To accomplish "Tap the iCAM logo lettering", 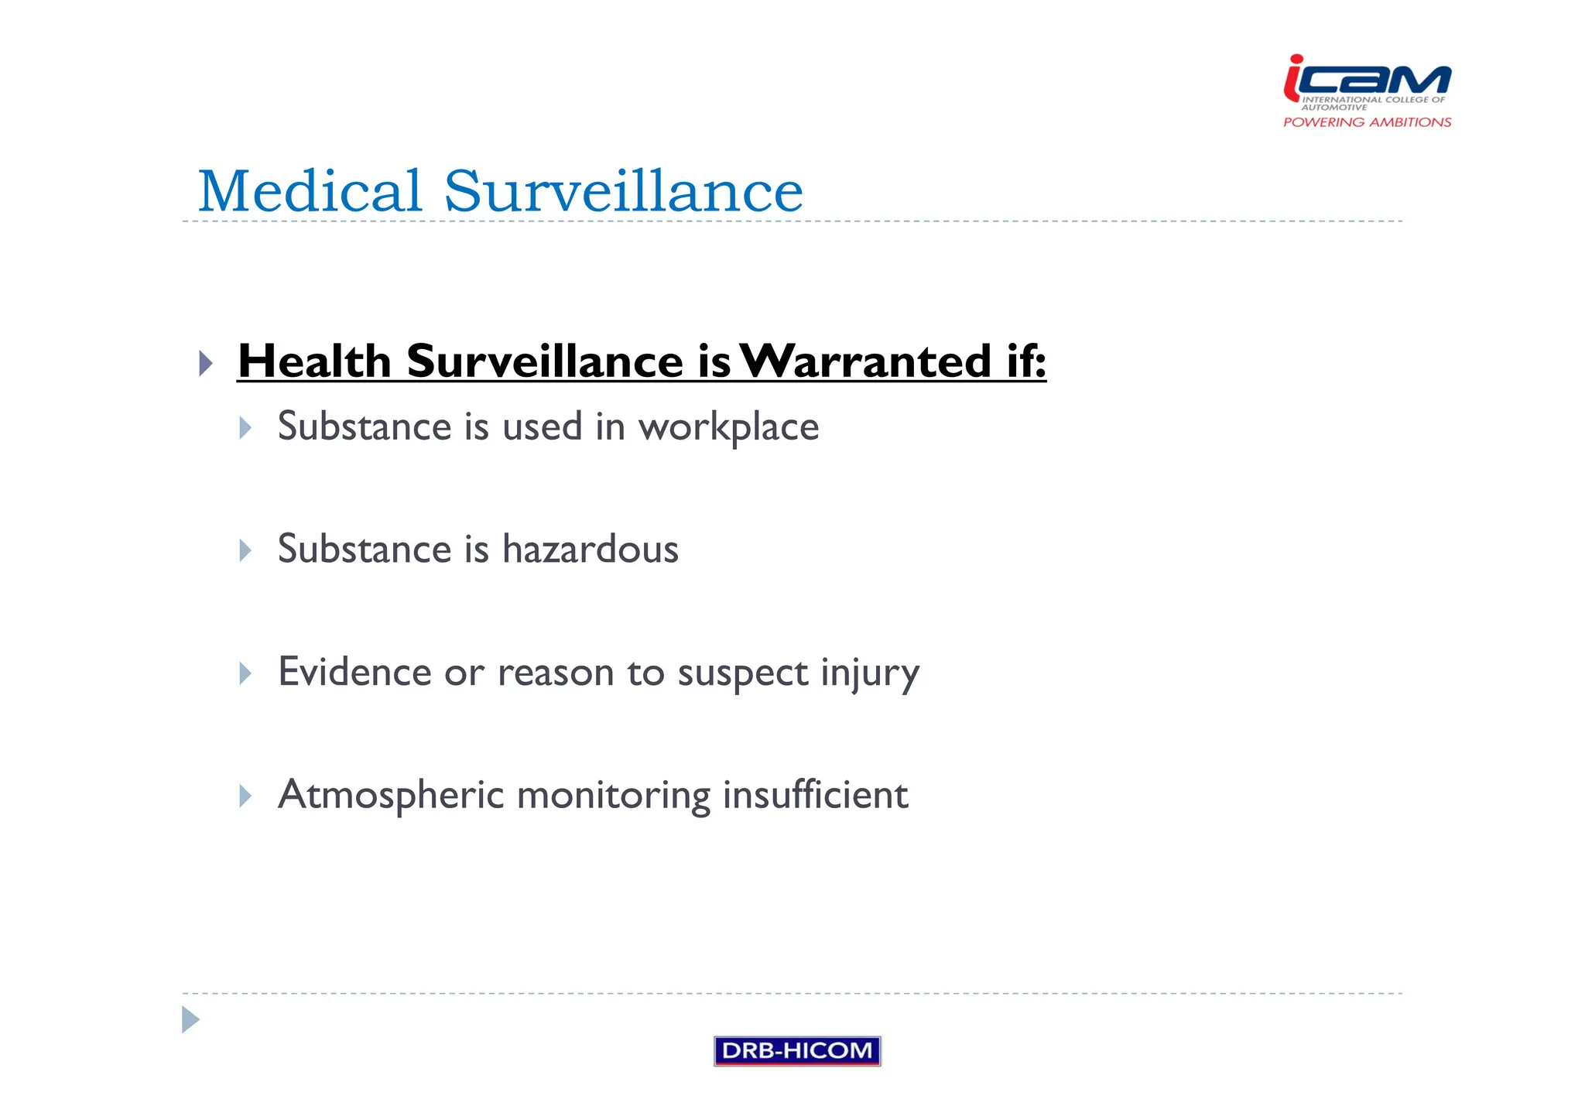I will tap(1368, 80).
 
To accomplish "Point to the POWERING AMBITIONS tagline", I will tap(1367, 122).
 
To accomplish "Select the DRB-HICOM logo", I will tap(797, 1050).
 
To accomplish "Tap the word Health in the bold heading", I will tap(314, 361).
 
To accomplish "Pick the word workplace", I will tap(728, 428).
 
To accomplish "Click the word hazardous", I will tap(591, 550).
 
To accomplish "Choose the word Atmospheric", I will tap(391, 796).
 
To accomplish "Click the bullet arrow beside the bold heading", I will tap(206, 363).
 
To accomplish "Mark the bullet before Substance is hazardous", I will tap(245, 550).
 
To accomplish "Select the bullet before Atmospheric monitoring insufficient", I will tap(245, 796).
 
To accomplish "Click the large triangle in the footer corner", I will tap(190, 1019).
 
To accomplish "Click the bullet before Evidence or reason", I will tap(245, 673).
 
